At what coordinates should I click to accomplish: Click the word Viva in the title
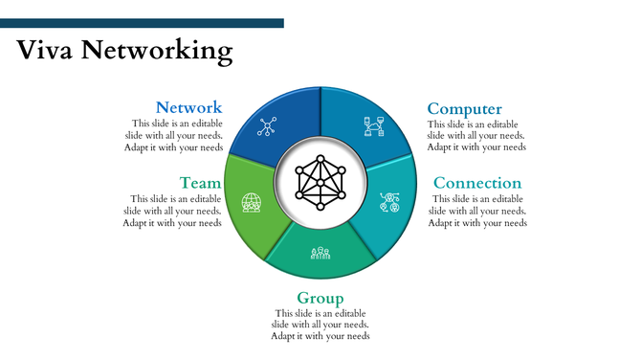pos(45,49)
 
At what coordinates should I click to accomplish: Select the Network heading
pos(188,108)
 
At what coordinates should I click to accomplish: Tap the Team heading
pos(200,183)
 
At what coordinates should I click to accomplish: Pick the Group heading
pos(320,298)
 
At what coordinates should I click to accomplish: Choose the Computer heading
pos(464,109)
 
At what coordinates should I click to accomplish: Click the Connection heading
pos(477,183)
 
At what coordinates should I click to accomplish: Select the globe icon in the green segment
pos(252,203)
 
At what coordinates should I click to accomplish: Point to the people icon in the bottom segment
pos(320,253)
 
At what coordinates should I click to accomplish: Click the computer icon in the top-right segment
pos(373,125)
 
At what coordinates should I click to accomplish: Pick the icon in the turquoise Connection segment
pos(389,202)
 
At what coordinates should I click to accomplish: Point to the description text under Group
pos(320,325)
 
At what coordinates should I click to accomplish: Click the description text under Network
pos(174,135)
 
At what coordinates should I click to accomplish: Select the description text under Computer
pos(476,135)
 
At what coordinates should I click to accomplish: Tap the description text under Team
pos(172,211)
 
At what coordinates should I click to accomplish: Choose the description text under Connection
pos(477,211)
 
